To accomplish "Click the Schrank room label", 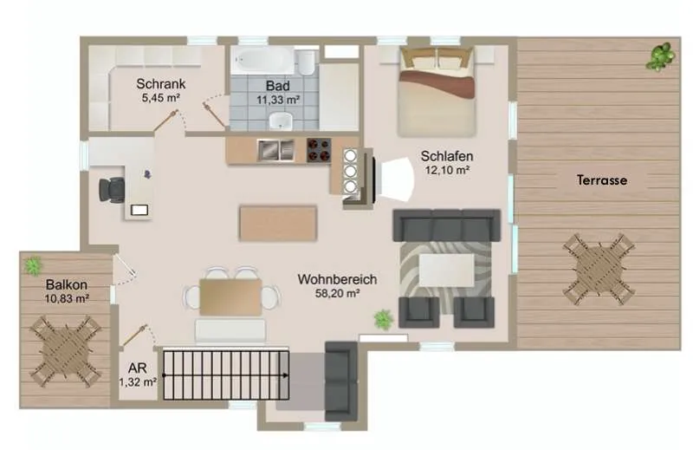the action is click(161, 83).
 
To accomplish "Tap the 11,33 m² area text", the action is click(278, 100).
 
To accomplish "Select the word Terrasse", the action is click(601, 180).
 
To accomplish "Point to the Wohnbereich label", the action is click(337, 280).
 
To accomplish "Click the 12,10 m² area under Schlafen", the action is click(447, 170).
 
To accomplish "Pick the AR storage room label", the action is click(137, 368).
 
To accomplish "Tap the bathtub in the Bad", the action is click(262, 60).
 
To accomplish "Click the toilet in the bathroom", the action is click(307, 62).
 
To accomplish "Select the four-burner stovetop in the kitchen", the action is click(319, 150).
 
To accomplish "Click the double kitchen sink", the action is click(275, 150).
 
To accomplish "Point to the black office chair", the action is click(112, 190).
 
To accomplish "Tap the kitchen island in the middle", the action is click(278, 223).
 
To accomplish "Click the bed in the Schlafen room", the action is click(437, 92).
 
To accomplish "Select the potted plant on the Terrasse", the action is click(660, 56).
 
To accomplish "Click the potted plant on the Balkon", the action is click(33, 266).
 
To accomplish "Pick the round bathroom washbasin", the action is click(281, 121).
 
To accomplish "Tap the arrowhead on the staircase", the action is click(286, 375).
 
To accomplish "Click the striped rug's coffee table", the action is click(446, 270).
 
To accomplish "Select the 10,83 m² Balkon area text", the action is click(67, 298).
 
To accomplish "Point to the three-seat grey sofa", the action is click(447, 225).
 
